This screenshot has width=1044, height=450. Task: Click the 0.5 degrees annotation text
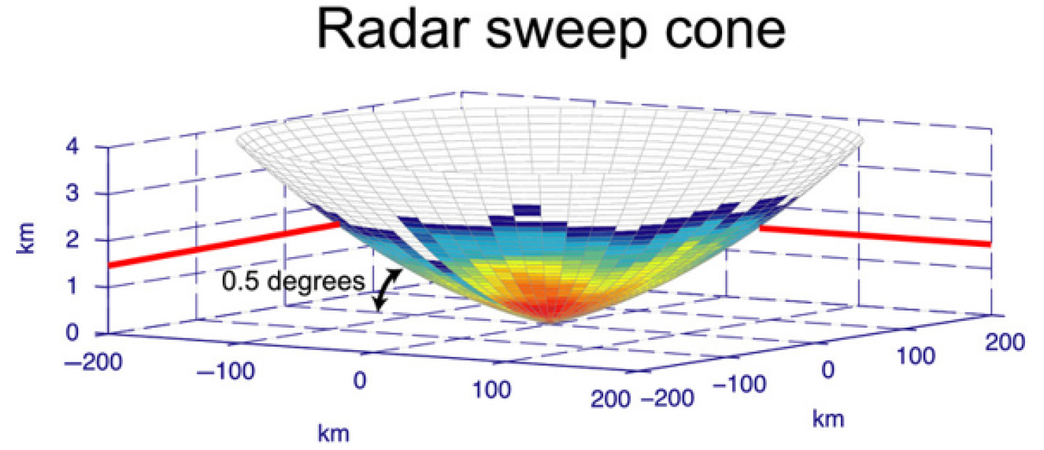pos(293,281)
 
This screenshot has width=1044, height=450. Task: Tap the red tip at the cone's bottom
pos(554,315)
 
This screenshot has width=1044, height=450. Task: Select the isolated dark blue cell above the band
pos(527,210)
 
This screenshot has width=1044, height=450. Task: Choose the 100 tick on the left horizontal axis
pos(491,389)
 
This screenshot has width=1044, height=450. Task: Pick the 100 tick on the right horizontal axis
pos(918,355)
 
